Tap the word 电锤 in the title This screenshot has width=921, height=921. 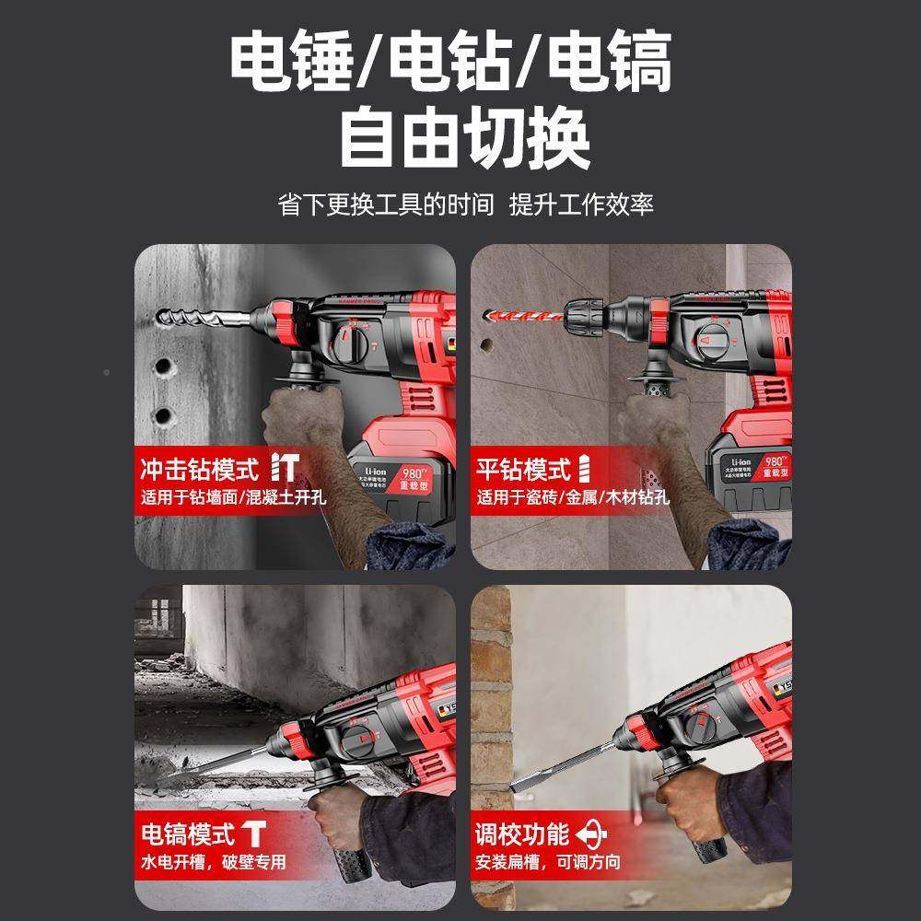click(290, 62)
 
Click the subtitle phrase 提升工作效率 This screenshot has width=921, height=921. click(582, 204)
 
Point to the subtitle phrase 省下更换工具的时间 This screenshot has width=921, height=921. click(386, 204)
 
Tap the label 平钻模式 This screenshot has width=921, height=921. click(523, 470)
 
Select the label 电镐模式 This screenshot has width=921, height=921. click(187, 834)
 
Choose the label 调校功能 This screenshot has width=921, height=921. click(522, 834)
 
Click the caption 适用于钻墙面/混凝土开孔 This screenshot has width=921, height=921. click(233, 499)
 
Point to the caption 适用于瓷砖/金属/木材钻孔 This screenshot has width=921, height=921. click(572, 499)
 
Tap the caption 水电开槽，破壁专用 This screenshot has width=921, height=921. click(214, 863)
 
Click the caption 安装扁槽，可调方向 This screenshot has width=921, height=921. click(548, 863)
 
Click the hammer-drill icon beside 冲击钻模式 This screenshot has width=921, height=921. click(284, 468)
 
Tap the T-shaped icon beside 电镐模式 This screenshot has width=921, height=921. click(254, 834)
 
